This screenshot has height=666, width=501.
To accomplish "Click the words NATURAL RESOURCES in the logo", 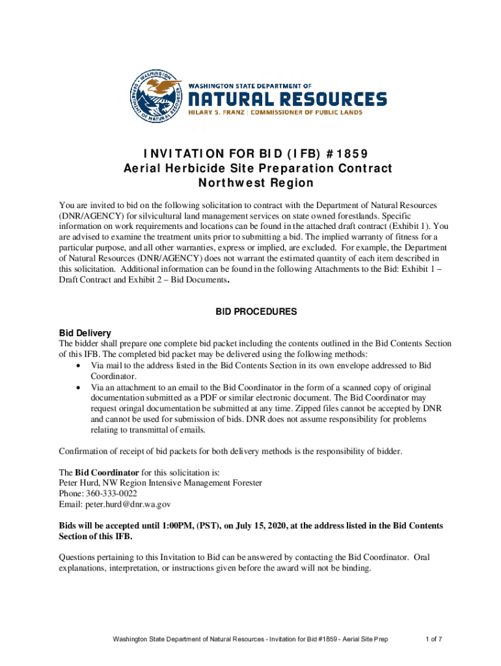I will (287, 99).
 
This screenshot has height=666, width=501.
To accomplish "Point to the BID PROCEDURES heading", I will (256, 312).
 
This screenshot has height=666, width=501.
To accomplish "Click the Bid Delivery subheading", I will (85, 332).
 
